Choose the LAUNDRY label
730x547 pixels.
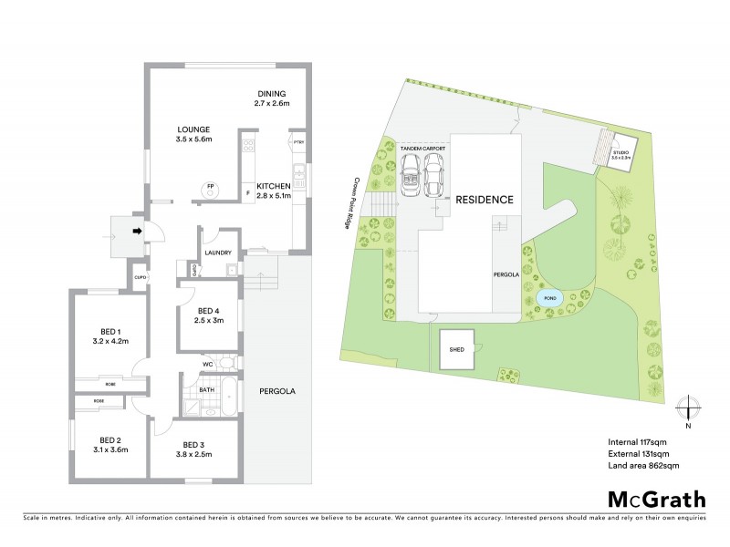coord(218,253)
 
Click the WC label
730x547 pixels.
coord(208,366)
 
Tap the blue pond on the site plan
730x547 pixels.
coord(549,297)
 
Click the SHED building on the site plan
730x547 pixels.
coord(457,350)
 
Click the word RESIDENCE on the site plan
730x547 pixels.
coord(485,200)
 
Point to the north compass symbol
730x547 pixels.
coord(691,410)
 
